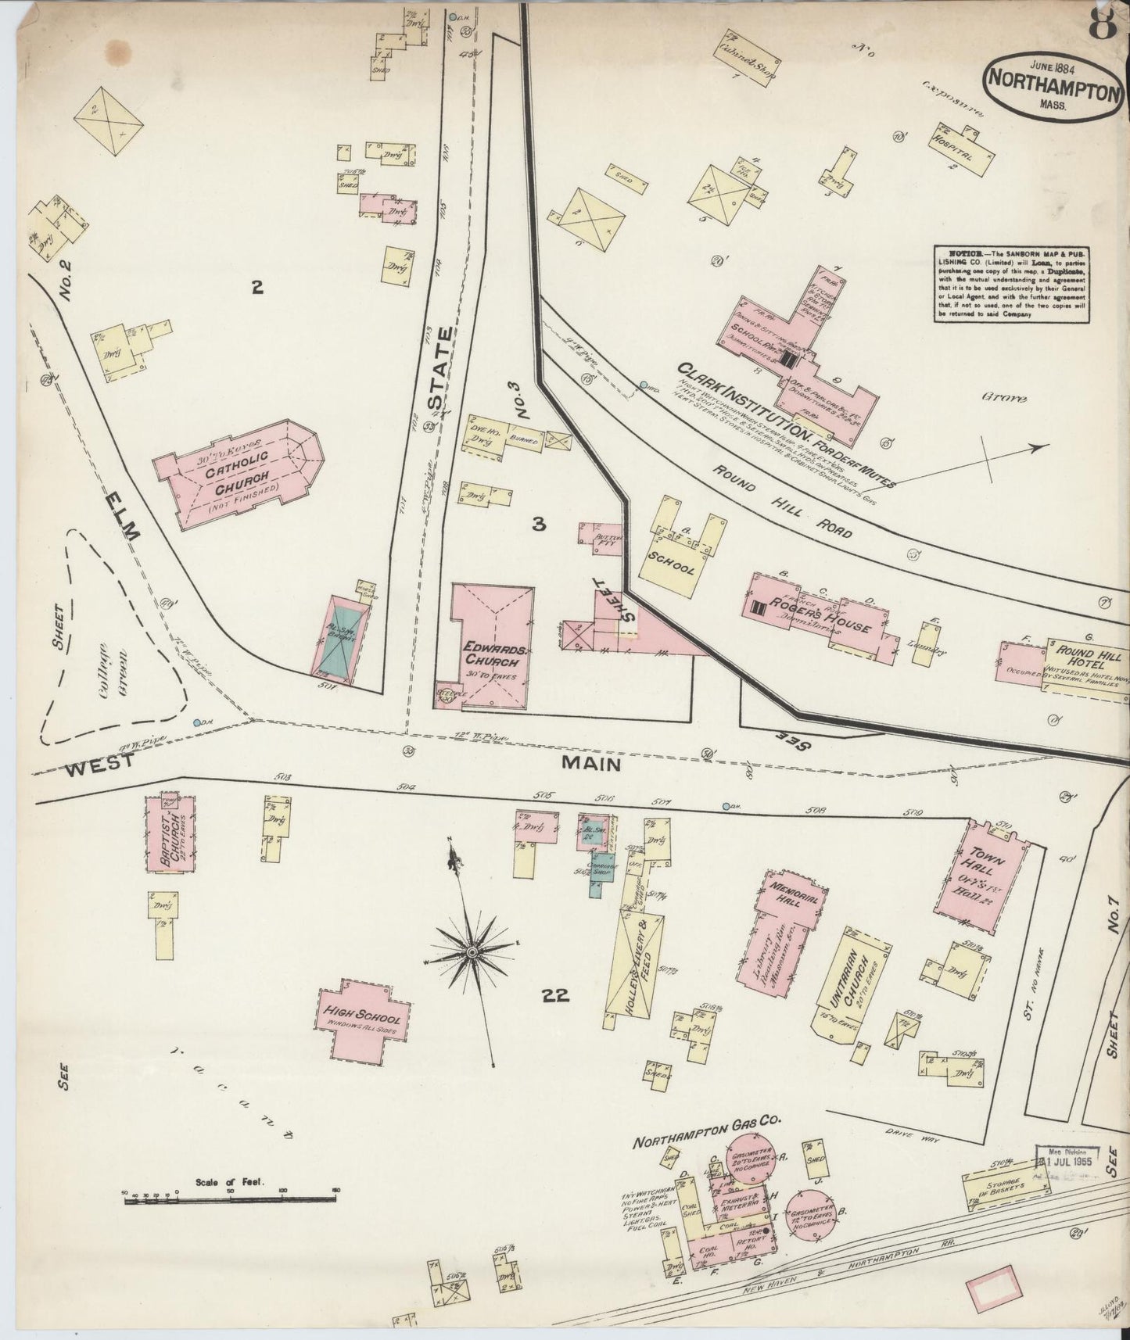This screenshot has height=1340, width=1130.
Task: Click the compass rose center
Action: (472, 951)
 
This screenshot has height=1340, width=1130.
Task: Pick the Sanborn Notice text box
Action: (1011, 283)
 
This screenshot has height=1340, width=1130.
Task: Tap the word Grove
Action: (1004, 397)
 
